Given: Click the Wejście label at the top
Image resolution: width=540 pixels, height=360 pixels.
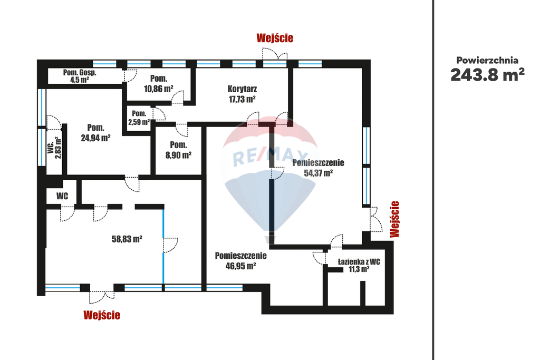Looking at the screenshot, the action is pyautogui.click(x=275, y=38).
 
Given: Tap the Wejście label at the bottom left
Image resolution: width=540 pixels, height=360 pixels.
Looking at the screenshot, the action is pyautogui.click(x=102, y=315).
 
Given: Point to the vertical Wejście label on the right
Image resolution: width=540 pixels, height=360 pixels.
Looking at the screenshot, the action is pyautogui.click(x=394, y=219).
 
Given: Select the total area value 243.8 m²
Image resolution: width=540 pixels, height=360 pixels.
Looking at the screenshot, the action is pyautogui.click(x=487, y=75).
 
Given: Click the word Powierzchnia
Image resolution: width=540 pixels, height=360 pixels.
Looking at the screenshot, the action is pyautogui.click(x=487, y=60).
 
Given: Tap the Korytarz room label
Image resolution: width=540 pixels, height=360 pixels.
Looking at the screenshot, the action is pyautogui.click(x=242, y=89).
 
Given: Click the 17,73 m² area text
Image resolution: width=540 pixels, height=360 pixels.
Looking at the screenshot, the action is pyautogui.click(x=242, y=99).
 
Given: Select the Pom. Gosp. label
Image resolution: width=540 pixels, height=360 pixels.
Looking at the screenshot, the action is pyautogui.click(x=80, y=73).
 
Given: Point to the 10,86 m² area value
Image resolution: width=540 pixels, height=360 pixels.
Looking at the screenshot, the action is pyautogui.click(x=158, y=89).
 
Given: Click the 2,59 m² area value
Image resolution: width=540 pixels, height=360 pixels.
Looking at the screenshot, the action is pyautogui.click(x=139, y=122).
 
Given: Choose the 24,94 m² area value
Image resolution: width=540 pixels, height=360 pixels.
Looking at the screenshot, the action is pyautogui.click(x=96, y=138).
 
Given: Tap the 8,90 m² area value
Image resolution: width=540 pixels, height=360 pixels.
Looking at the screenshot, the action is pyautogui.click(x=178, y=155).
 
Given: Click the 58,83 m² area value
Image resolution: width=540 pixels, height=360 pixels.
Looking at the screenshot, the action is pyautogui.click(x=127, y=239).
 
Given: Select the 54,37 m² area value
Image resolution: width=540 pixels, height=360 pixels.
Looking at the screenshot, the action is pyautogui.click(x=318, y=173).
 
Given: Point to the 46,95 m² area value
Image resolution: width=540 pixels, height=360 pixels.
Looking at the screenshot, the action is pyautogui.click(x=240, y=266).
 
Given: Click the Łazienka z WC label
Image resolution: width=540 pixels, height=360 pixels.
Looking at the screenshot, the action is pyautogui.click(x=359, y=262).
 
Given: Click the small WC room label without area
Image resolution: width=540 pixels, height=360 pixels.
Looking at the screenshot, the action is pyautogui.click(x=62, y=196).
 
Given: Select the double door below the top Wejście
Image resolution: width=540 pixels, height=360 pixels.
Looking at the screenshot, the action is pyautogui.click(x=274, y=54).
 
